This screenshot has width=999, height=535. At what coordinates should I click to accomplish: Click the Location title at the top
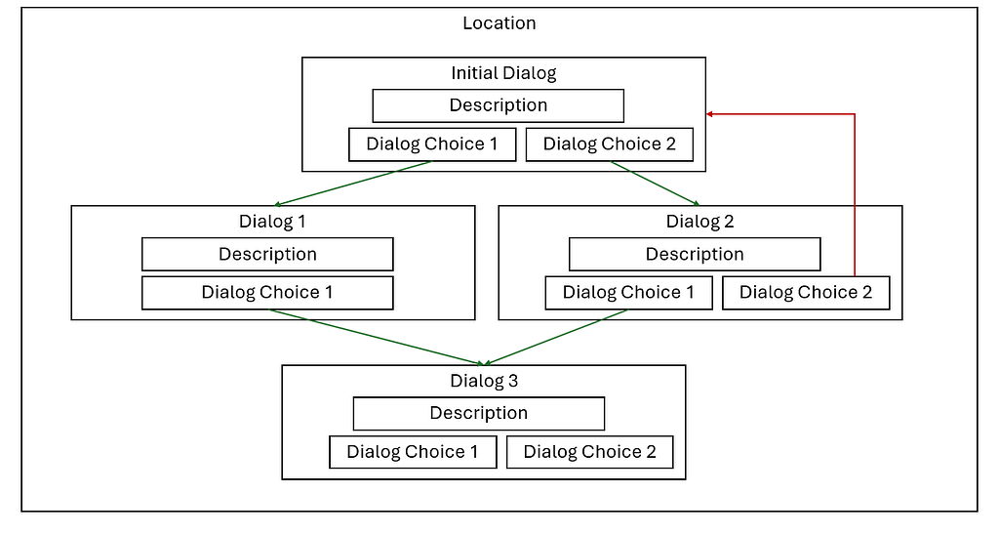click(499, 23)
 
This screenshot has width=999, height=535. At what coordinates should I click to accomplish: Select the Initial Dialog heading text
click(502, 73)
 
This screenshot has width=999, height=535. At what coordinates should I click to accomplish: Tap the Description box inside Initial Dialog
click(498, 105)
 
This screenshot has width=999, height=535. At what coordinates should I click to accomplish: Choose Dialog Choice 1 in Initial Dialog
click(432, 144)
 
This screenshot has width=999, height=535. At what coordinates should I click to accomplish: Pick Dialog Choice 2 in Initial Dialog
click(609, 144)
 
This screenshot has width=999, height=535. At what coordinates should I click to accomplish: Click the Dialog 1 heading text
click(272, 222)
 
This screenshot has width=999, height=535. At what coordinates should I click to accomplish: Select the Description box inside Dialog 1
click(267, 254)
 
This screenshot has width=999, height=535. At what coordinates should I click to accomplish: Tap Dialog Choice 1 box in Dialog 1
click(267, 293)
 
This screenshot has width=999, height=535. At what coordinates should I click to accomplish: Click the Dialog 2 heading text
click(699, 222)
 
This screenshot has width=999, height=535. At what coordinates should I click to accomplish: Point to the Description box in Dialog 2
click(695, 254)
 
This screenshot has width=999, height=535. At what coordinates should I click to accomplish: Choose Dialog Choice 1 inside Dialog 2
click(629, 293)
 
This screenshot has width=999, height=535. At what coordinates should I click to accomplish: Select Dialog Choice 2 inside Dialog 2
click(806, 293)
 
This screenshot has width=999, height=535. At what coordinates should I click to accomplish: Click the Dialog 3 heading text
click(483, 381)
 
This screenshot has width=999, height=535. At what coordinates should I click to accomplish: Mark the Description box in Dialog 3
click(478, 413)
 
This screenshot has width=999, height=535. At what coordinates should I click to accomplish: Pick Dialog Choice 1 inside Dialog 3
click(413, 452)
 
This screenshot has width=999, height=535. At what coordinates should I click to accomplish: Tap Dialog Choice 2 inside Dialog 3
click(589, 452)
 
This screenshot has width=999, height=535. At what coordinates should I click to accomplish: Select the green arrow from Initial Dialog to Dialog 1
click(351, 184)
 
